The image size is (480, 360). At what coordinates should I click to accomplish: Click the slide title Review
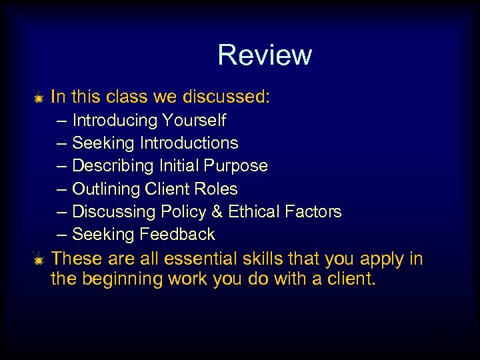(x=264, y=55)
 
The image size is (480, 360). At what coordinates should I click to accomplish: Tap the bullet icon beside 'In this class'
(x=39, y=98)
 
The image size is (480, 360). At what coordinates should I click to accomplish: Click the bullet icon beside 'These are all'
(x=39, y=259)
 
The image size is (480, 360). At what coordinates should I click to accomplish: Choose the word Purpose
(x=238, y=166)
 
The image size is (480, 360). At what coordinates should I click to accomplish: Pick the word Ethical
(x=253, y=212)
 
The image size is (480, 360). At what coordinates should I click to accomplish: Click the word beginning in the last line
(x=116, y=279)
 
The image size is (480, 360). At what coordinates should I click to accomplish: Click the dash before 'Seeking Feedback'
(x=62, y=235)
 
